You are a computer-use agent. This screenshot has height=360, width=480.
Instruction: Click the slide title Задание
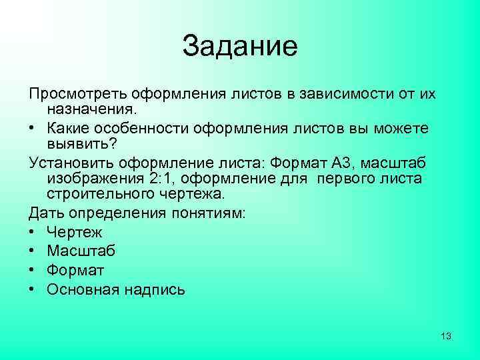(239, 46)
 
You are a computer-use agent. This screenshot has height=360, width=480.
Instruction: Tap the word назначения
(91, 108)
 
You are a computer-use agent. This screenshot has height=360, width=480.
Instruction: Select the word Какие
(69, 127)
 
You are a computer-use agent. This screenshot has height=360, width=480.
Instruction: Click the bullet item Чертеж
(73, 232)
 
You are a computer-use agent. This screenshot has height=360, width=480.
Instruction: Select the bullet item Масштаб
(81, 251)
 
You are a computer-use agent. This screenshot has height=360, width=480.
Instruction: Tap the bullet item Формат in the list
(75, 271)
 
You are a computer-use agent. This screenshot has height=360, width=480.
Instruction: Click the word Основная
(82, 290)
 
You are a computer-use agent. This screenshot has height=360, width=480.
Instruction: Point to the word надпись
(154, 290)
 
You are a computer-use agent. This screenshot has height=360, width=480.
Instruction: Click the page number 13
(445, 337)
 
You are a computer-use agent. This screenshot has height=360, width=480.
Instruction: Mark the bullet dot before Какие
(33, 128)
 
